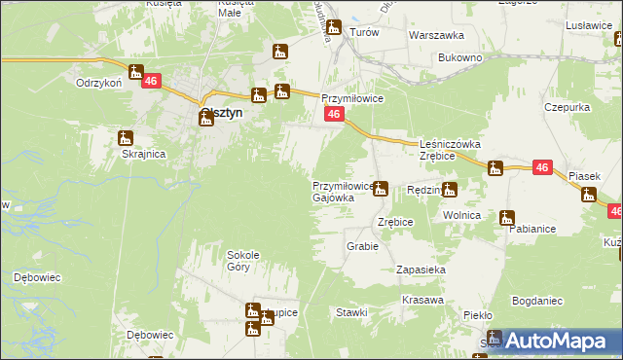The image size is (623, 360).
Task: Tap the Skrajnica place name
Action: click(x=142, y=154)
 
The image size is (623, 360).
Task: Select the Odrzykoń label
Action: click(x=98, y=83)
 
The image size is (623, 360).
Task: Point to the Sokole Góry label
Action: click(x=242, y=260)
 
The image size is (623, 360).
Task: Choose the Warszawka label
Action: click(x=435, y=34)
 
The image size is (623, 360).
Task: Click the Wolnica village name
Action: click(x=462, y=214)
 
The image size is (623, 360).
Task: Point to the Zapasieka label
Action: click(x=421, y=269)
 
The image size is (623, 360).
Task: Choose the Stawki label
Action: click(x=351, y=312)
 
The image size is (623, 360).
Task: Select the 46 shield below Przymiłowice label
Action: click(x=333, y=115)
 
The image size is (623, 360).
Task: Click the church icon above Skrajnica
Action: click(x=126, y=138)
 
